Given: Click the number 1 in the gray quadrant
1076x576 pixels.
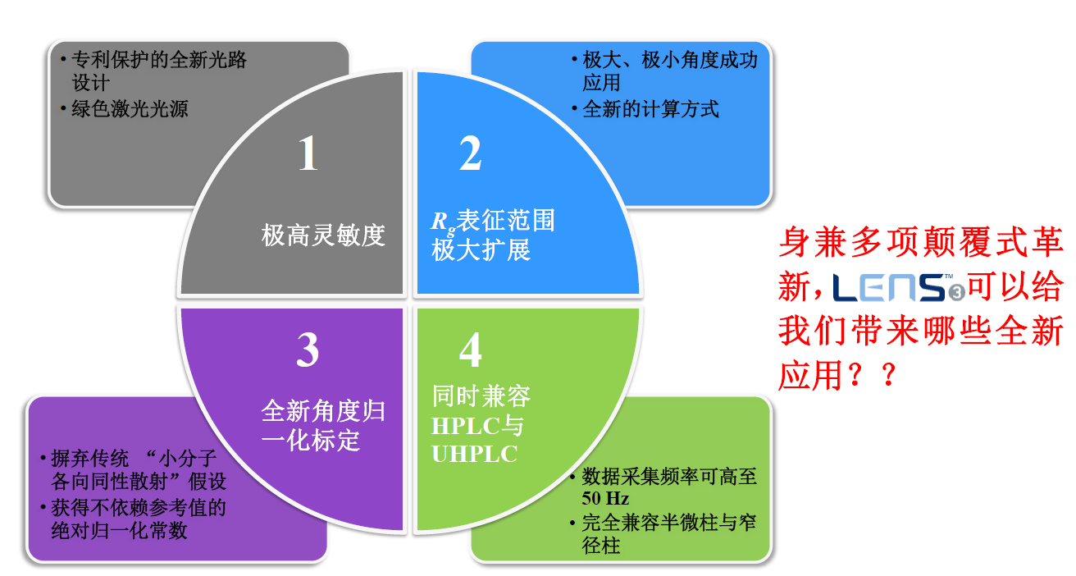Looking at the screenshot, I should click(x=308, y=153).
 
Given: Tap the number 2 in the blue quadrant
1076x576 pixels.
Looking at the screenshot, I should click(x=470, y=153).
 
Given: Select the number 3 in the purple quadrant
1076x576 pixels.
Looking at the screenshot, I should click(x=308, y=351).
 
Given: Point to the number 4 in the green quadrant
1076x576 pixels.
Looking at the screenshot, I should click(x=470, y=351).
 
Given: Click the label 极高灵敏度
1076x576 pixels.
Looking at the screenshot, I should click(x=323, y=236).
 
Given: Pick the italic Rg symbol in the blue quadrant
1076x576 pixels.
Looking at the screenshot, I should click(x=443, y=222).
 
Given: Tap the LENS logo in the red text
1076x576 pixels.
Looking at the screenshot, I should click(x=897, y=288).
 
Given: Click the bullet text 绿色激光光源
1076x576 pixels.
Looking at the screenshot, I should click(x=130, y=108).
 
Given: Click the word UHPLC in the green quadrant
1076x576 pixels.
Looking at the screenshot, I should click(x=475, y=454).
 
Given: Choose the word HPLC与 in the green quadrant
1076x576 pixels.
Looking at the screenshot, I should click(x=477, y=426).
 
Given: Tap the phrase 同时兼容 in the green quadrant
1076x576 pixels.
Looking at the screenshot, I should click(x=481, y=397).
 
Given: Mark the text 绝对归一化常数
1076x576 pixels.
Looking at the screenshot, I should click(x=119, y=531).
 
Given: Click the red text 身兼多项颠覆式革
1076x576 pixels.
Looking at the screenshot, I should click(x=919, y=244).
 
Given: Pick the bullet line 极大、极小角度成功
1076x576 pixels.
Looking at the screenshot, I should click(x=669, y=61).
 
